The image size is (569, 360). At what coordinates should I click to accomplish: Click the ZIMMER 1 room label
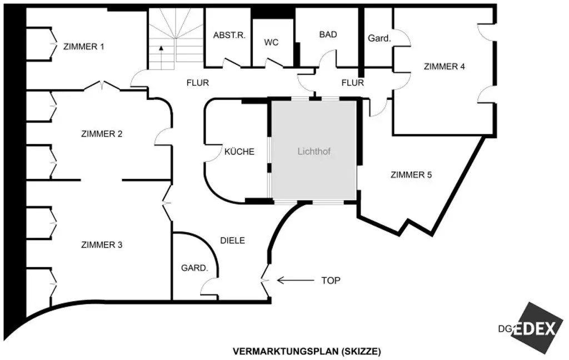[x=84, y=47]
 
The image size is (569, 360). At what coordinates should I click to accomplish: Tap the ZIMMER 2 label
[x=102, y=134]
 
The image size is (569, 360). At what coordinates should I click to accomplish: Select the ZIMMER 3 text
[x=102, y=245]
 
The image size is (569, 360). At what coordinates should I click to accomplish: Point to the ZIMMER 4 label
[x=444, y=67]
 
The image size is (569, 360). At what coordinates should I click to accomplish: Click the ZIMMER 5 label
[x=411, y=175]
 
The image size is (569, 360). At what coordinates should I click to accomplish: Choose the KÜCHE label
[x=239, y=151]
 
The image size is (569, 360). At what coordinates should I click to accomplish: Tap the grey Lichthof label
[x=315, y=151]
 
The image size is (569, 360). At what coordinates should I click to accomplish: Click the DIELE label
[x=233, y=241]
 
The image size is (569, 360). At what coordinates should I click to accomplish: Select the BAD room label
[x=328, y=34]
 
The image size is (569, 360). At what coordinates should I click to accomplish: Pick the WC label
[x=271, y=42]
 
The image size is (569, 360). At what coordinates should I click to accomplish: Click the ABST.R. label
[x=229, y=34]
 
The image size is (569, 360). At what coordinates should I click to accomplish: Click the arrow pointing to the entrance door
[x=294, y=281]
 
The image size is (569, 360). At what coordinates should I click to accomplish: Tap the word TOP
[x=331, y=281]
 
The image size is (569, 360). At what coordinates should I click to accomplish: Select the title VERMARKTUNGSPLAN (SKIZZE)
[x=307, y=351]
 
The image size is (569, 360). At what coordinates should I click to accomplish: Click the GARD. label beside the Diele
[x=194, y=268]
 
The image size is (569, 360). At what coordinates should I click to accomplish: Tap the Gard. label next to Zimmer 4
[x=380, y=38]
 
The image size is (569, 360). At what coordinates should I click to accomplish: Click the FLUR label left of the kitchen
[x=197, y=83]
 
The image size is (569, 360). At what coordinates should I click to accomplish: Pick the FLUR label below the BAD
[x=352, y=83]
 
